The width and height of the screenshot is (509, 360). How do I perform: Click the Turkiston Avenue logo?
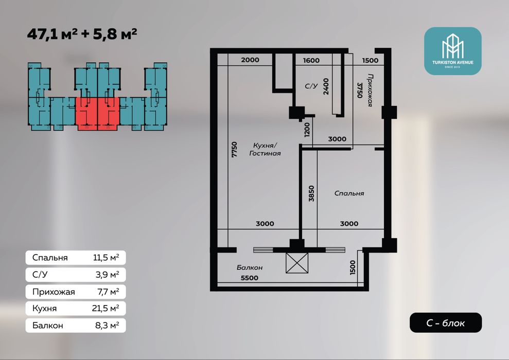pyautogui.click(x=452, y=51)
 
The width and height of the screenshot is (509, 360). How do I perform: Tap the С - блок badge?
pyautogui.click(x=445, y=322)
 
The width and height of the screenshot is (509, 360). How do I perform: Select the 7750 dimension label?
pyautogui.click(x=234, y=150)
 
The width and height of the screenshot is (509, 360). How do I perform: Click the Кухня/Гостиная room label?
pyautogui.click(x=265, y=149)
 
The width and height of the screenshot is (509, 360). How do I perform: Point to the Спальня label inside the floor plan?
pyautogui.click(x=349, y=193)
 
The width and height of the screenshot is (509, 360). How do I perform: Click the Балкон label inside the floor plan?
pyautogui.click(x=249, y=267)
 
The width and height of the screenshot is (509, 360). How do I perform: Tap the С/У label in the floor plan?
pyautogui.click(x=311, y=86)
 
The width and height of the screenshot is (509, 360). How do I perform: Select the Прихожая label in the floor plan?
pyautogui.click(x=370, y=90)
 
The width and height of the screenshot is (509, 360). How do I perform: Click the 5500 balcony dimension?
pyautogui.click(x=249, y=278)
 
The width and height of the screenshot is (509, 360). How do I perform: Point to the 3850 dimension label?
pyautogui.click(x=311, y=193)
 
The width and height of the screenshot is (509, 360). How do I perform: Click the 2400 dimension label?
pyautogui.click(x=326, y=86)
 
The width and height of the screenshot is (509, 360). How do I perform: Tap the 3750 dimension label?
pyautogui.click(x=359, y=90)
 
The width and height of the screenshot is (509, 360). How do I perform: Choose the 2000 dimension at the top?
pyautogui.click(x=250, y=60)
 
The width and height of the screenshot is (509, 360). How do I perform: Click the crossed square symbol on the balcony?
pyautogui.click(x=296, y=263)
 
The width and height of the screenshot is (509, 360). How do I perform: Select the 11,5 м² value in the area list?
pyautogui.click(x=106, y=258)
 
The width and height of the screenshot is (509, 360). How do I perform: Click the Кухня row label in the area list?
pyautogui.click(x=44, y=309)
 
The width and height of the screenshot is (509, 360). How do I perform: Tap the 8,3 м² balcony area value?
pyautogui.click(x=107, y=326)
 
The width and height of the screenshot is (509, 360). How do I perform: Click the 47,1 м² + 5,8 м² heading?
pyautogui.click(x=82, y=34)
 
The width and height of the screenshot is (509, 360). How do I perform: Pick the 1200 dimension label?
pyautogui.click(x=307, y=130)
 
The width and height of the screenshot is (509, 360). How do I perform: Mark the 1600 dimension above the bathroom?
pyautogui.click(x=311, y=60)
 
